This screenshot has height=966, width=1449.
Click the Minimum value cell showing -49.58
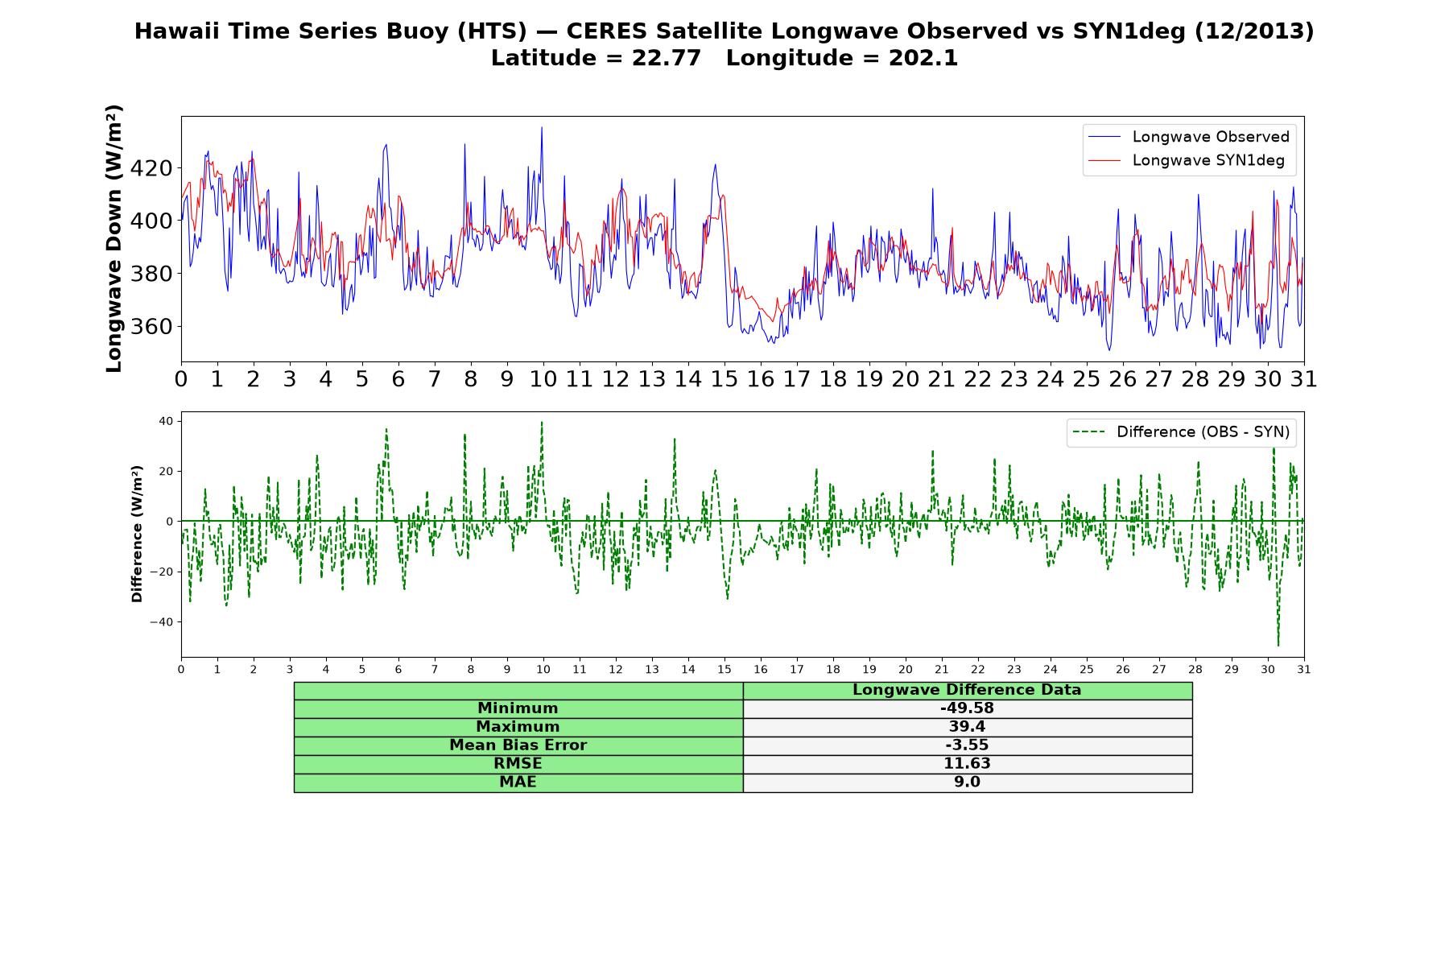click(967, 708)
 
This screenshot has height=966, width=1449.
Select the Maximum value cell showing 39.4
click(967, 727)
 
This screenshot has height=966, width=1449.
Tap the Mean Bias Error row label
click(518, 745)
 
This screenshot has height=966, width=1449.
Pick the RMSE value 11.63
click(967, 764)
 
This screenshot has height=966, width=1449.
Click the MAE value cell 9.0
click(967, 782)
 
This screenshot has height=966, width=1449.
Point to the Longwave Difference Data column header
click(967, 690)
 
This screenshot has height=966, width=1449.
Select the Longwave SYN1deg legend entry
click(1187, 160)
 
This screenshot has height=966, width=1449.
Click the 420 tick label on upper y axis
click(151, 168)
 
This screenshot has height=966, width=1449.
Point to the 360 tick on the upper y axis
click(151, 327)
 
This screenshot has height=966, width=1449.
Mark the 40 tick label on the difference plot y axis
click(166, 421)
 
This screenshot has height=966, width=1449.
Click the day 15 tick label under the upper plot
click(724, 379)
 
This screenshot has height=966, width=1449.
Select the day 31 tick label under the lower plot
click(1304, 670)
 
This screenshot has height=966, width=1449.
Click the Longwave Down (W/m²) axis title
click(114, 238)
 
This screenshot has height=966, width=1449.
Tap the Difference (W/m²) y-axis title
click(137, 534)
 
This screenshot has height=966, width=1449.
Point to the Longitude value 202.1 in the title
click(923, 59)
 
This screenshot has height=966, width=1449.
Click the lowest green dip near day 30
click(1278, 645)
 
